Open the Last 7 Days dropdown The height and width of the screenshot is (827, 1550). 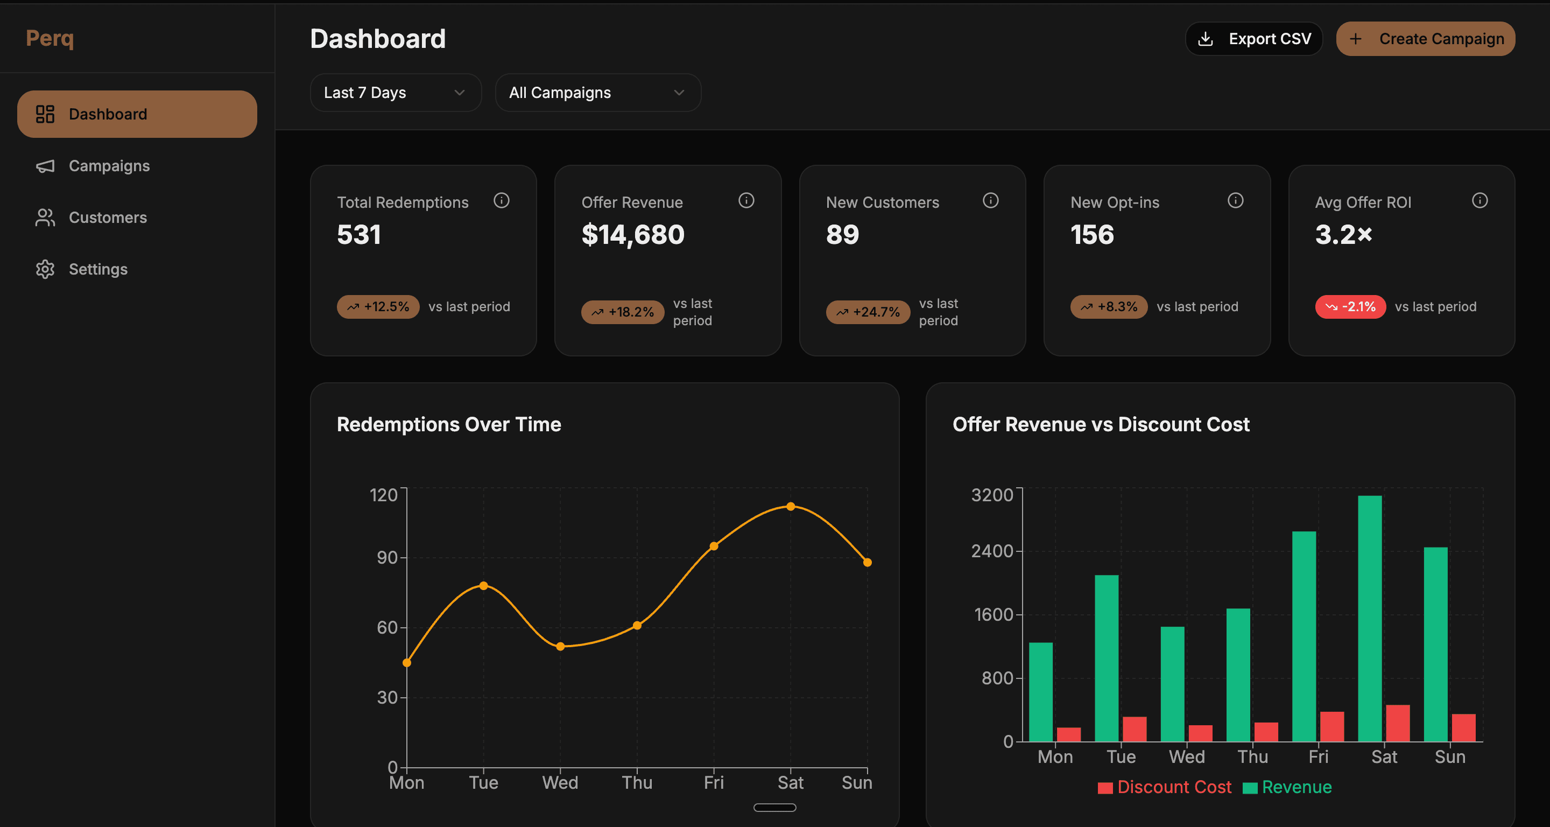pyautogui.click(x=396, y=93)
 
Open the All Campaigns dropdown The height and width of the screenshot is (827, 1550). pyautogui.click(x=597, y=93)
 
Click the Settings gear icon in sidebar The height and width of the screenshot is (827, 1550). pyautogui.click(x=45, y=269)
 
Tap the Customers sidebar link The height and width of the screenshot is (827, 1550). pyautogui.click(x=108, y=218)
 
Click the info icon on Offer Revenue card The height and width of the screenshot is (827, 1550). pyautogui.click(x=746, y=200)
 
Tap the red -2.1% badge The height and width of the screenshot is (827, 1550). pyautogui.click(x=1350, y=307)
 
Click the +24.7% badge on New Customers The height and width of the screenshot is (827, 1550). pyautogui.click(x=868, y=312)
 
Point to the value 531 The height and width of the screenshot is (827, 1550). pyautogui.click(x=359, y=235)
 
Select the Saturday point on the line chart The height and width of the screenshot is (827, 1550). pyautogui.click(x=791, y=506)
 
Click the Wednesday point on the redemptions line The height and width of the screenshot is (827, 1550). pyautogui.click(x=560, y=647)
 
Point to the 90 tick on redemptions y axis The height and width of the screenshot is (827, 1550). pyautogui.click(x=387, y=557)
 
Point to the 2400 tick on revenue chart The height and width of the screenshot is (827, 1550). pyautogui.click(x=992, y=551)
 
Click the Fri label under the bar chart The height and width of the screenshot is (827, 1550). pyautogui.click(x=1319, y=756)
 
